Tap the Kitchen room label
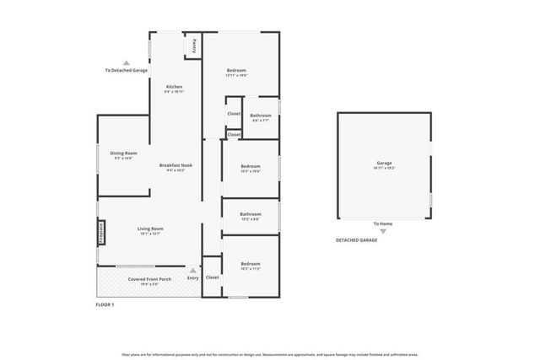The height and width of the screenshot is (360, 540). pos(175,87)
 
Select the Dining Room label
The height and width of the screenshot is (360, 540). pos(123,153)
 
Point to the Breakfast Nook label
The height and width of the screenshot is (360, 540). pos(175,165)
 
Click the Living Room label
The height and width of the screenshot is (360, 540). pos(150,228)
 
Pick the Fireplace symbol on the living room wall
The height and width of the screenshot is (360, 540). pos(100,232)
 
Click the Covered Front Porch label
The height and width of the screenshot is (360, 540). pos(148,278)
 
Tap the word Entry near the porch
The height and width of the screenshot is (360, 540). pos(192,278)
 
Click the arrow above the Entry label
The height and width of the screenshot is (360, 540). pos(192,270)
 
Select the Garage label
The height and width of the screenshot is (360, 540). pos(384,163)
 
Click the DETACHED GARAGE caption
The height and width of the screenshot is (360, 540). pos(356,240)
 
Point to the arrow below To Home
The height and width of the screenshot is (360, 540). pos(384,230)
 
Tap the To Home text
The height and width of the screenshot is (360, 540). pos(384,223)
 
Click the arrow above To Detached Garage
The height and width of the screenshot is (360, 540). pos(126,62)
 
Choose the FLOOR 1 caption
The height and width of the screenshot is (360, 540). pos(105,304)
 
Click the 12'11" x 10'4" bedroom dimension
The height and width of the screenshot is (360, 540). pos(236,76)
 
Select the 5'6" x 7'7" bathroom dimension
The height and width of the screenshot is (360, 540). pos(260,121)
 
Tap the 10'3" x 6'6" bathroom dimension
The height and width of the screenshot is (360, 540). pos(251,219)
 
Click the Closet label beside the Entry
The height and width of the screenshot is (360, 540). pos(213,277)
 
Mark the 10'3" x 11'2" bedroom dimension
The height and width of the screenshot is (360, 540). pos(251,269)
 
